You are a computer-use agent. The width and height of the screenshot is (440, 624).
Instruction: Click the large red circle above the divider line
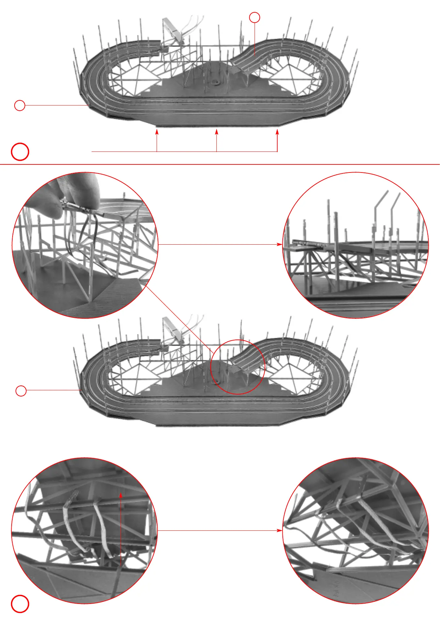point(20,151)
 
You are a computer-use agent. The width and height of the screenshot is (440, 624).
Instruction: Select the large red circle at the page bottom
point(20,604)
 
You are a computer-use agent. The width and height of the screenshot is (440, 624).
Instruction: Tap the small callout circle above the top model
point(255,17)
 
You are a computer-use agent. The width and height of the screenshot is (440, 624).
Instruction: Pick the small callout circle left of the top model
point(20,106)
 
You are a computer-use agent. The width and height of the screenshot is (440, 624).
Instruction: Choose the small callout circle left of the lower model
point(21,391)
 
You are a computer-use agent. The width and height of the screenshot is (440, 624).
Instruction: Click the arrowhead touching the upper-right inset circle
point(280,244)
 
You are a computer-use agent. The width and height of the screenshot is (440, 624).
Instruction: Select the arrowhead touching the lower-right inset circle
point(280,530)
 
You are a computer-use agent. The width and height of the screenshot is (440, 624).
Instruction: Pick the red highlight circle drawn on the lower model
point(238,367)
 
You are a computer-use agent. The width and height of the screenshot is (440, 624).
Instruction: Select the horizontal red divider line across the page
point(220,164)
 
